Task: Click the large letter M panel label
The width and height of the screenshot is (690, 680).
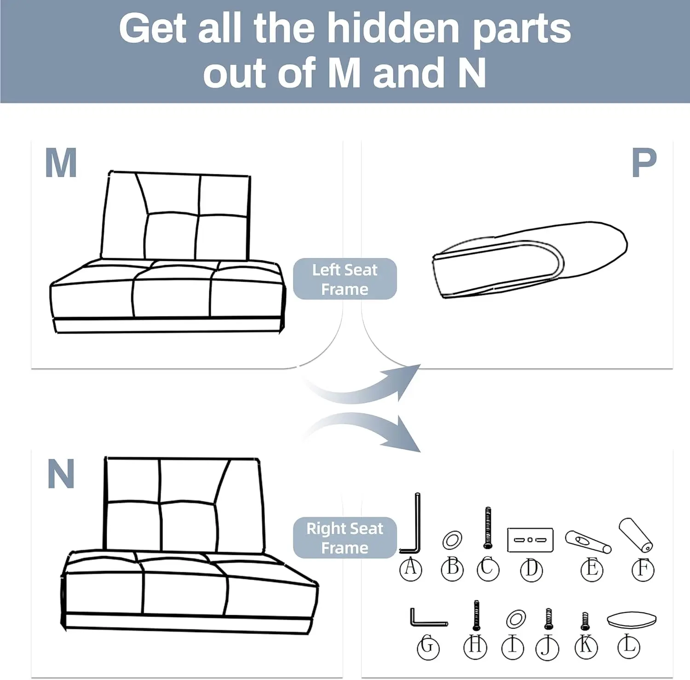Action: (61, 163)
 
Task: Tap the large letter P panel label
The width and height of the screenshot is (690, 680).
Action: (644, 163)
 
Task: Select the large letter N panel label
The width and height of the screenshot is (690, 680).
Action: (61, 474)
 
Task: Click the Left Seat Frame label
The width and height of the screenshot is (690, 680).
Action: (345, 279)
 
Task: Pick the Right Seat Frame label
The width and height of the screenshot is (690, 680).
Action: (345, 538)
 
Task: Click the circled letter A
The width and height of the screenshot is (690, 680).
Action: (410, 569)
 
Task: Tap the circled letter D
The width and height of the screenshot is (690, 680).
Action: (531, 570)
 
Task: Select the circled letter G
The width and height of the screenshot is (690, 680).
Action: (428, 647)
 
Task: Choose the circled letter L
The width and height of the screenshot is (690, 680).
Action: (629, 646)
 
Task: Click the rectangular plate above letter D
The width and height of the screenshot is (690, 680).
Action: (530, 540)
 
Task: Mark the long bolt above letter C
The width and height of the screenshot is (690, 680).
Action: (488, 528)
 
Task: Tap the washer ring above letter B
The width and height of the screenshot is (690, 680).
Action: (452, 540)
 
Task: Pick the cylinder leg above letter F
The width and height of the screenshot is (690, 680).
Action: (636, 535)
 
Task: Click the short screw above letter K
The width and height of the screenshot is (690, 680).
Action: (585, 621)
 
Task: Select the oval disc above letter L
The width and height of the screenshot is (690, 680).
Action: (632, 619)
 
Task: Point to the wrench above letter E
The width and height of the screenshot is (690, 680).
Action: (588, 542)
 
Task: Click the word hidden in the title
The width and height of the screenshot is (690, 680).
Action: (393, 29)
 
